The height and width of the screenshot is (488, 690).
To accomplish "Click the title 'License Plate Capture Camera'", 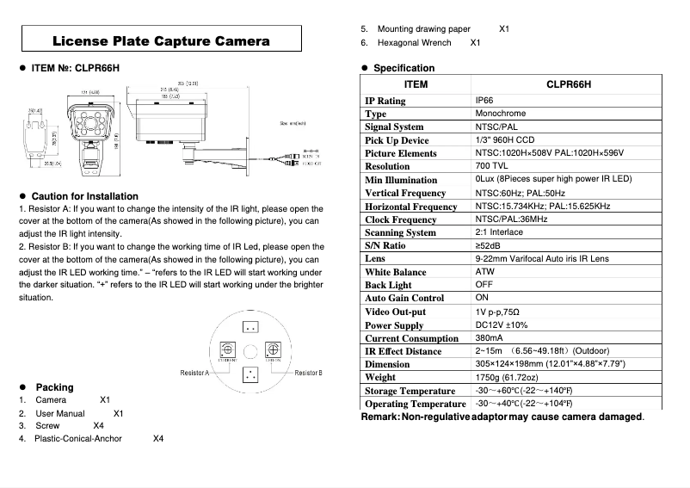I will click(x=161, y=40).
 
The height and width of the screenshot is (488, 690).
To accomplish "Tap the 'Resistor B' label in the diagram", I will click(x=308, y=373).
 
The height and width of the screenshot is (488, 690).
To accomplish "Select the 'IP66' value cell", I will click(x=484, y=101).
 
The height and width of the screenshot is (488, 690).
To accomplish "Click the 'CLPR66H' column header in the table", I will click(x=569, y=84).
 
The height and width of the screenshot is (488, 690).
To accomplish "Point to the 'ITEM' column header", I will click(x=416, y=84).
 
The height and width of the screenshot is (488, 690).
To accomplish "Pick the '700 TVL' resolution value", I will click(x=494, y=166).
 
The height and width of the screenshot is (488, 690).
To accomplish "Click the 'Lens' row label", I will click(x=375, y=259).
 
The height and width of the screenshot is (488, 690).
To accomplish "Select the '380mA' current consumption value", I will click(x=490, y=338).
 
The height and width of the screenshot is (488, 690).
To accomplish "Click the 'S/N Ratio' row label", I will click(x=385, y=246).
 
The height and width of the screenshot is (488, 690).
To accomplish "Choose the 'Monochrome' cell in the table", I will click(x=500, y=114).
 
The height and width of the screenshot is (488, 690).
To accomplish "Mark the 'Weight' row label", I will click(x=380, y=378).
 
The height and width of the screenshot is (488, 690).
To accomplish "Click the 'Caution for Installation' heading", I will click(x=84, y=196).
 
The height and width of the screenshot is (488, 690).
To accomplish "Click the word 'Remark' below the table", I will click(x=379, y=417).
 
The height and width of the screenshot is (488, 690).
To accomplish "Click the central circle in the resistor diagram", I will click(x=250, y=350).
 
